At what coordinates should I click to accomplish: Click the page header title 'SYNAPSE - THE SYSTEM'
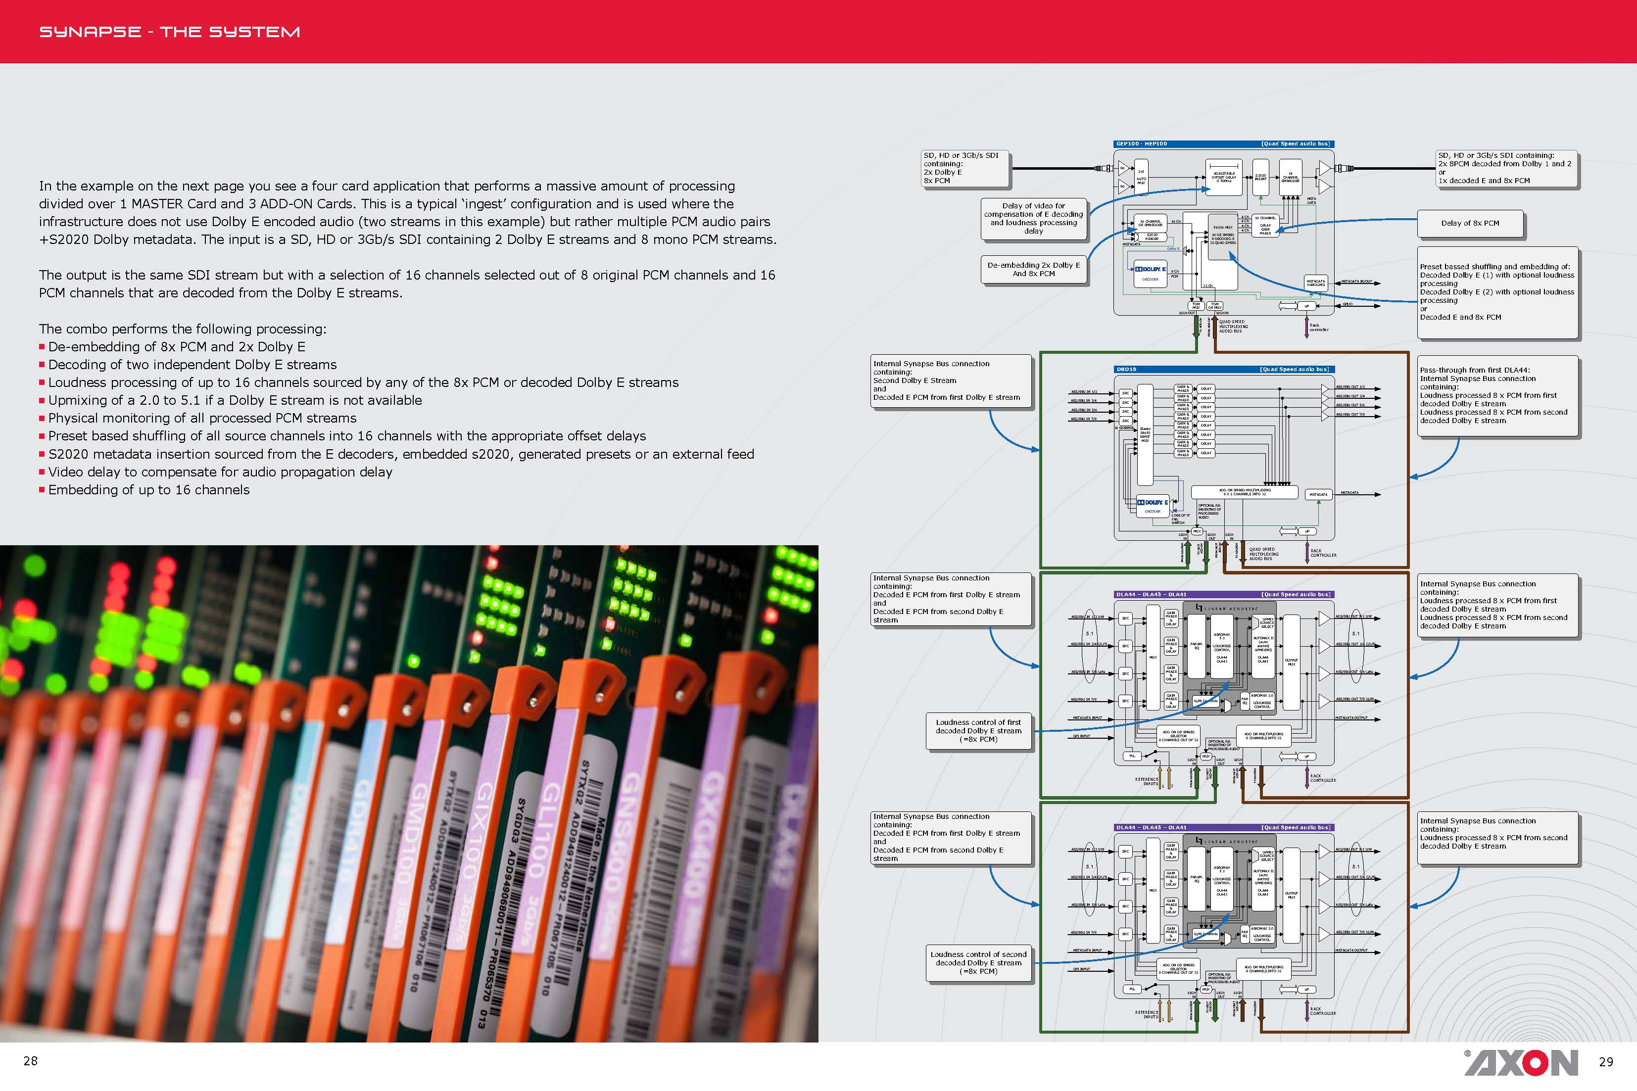click(x=169, y=32)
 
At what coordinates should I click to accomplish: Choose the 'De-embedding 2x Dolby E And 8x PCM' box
click(x=1033, y=269)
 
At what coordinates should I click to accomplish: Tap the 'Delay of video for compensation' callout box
click(x=1033, y=219)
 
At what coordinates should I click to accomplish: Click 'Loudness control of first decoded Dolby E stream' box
click(x=978, y=731)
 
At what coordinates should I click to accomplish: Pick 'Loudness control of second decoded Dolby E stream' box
click(x=978, y=963)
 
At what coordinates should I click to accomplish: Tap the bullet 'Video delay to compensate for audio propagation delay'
click(x=220, y=472)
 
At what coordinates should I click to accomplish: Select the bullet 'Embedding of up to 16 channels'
click(x=148, y=490)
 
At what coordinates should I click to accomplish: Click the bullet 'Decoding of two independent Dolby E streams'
click(x=192, y=365)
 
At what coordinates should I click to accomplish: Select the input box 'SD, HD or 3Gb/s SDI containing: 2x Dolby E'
click(x=964, y=168)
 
